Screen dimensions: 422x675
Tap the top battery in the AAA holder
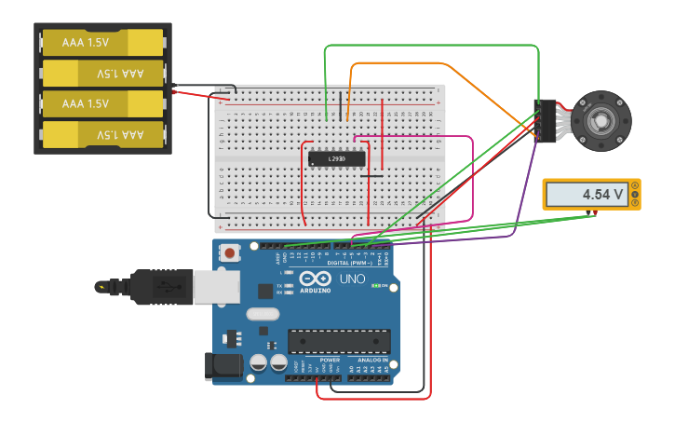pos(102,42)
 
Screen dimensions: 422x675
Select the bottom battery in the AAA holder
pos(102,135)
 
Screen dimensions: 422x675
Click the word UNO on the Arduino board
pos(352,279)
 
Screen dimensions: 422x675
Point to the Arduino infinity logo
pos(315,279)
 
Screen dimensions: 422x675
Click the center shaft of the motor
pos(601,121)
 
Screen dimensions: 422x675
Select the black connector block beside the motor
pos(546,120)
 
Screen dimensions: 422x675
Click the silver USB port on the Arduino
pos(216,287)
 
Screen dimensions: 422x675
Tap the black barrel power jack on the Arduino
pos(223,366)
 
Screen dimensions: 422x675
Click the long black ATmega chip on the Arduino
pos(339,341)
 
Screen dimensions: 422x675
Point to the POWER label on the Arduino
pos(330,360)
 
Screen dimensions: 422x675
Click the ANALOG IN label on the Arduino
pos(372,360)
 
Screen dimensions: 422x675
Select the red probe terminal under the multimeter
pos(593,215)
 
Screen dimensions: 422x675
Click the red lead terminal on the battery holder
pos(174,91)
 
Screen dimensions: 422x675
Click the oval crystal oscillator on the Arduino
pos(263,315)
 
